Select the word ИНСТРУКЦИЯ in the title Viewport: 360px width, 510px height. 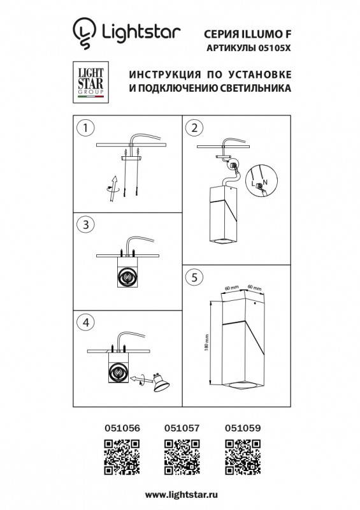(x=162, y=73)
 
